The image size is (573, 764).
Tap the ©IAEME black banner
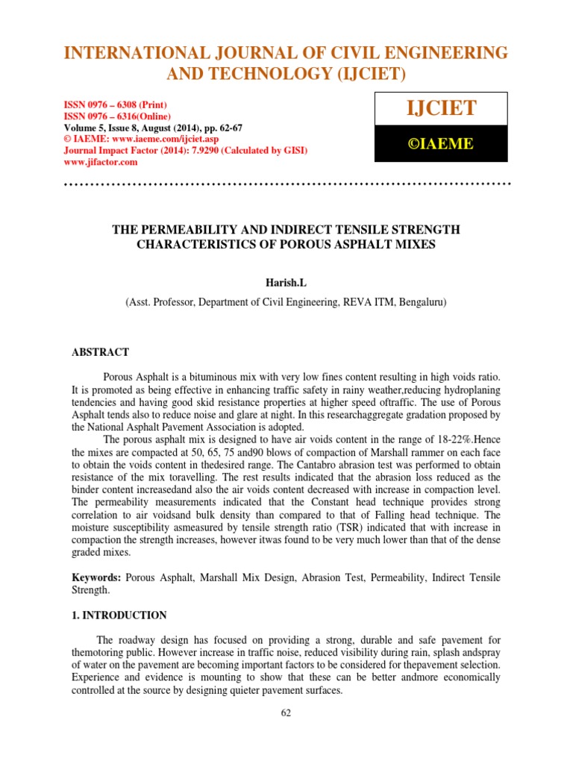tap(439, 144)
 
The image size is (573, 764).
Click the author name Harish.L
tap(286, 282)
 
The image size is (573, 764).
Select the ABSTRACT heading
tap(100, 352)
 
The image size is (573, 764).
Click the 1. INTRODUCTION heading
tap(119, 616)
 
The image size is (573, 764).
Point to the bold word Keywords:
tap(96, 578)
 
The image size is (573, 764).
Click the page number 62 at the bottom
tap(286, 713)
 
